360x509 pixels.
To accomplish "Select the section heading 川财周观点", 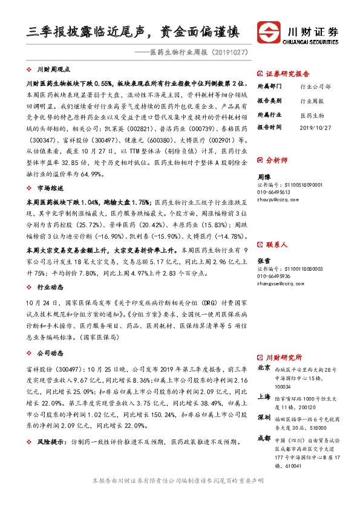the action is (x=54, y=70).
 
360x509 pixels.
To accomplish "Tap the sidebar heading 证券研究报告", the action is (x=284, y=71).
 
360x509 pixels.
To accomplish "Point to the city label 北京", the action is (x=264, y=368).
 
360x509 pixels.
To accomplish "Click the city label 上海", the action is (x=264, y=397).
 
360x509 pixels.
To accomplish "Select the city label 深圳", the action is (x=264, y=418).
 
